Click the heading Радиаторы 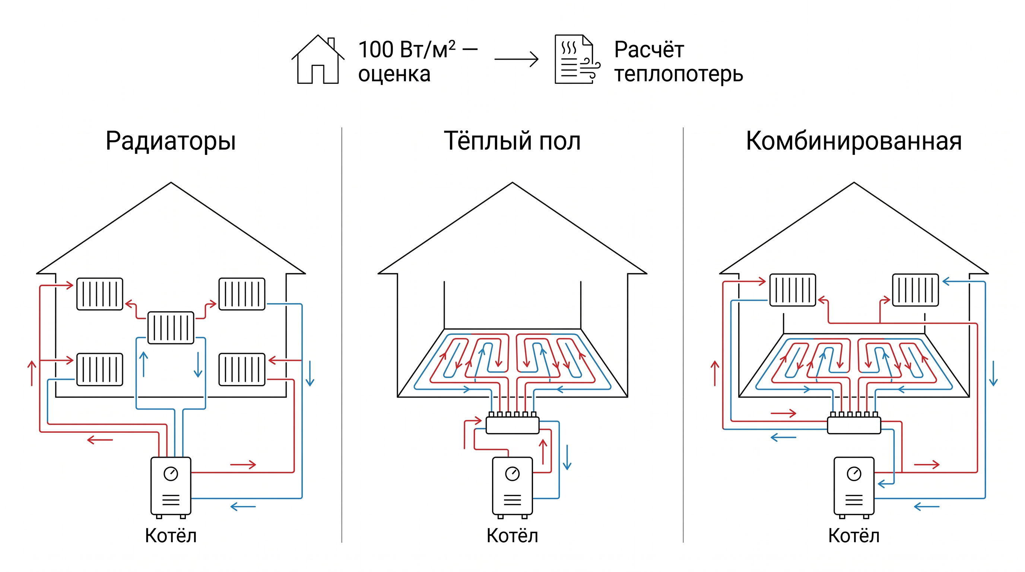171,141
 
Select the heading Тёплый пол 512,141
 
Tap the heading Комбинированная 854,141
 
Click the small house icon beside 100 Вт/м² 318,59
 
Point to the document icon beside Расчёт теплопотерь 577,59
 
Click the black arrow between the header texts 516,59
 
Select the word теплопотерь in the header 678,75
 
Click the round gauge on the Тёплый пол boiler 512,474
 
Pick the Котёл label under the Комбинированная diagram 854,536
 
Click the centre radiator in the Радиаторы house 171,328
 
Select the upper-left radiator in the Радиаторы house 99,294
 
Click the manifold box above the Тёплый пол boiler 512,425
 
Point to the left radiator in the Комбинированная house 793,290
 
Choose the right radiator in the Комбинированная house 915,290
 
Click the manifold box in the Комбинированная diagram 854,425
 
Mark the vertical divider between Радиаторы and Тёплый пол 342,335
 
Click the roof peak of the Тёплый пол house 512,182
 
